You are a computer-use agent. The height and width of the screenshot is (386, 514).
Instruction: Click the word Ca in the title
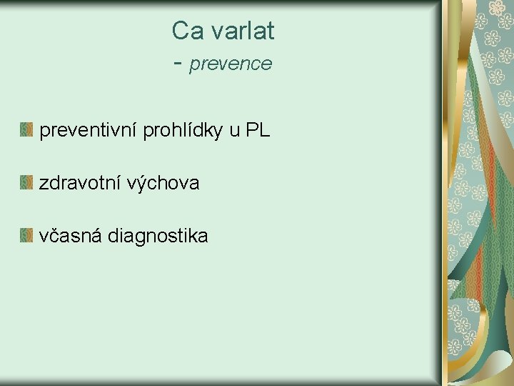186,31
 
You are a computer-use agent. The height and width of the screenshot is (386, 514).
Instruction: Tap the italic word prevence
231,64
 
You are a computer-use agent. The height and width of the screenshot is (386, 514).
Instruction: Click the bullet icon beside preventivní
26,130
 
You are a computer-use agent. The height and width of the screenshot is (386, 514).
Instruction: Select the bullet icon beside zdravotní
26,183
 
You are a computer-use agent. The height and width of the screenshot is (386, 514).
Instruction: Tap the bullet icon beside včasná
26,235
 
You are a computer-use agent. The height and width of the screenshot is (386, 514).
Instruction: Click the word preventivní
89,130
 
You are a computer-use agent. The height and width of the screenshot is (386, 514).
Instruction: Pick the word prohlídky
183,130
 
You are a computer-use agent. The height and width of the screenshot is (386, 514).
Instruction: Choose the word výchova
163,183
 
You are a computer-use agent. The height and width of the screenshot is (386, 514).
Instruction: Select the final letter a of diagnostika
203,237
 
